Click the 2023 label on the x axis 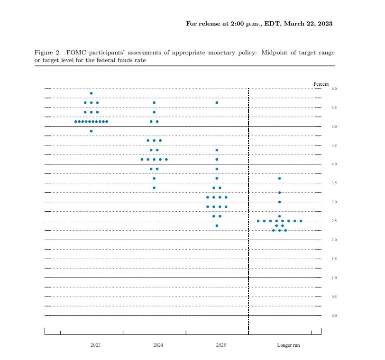click(95, 345)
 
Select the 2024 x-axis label click(158, 345)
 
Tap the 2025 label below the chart click(221, 345)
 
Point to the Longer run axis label click(288, 345)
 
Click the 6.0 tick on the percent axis click(334, 89)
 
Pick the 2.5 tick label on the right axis click(334, 221)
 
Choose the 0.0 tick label click(334, 315)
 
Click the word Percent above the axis click(321, 84)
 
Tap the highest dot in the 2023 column click(91, 93)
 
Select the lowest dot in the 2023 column click(91, 131)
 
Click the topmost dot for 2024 click(154, 103)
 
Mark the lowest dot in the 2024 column click(154, 188)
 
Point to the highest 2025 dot click(217, 103)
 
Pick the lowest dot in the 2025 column click(217, 225)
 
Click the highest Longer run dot click(279, 179)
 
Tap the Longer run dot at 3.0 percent click(279, 202)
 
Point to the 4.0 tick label click(334, 164)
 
